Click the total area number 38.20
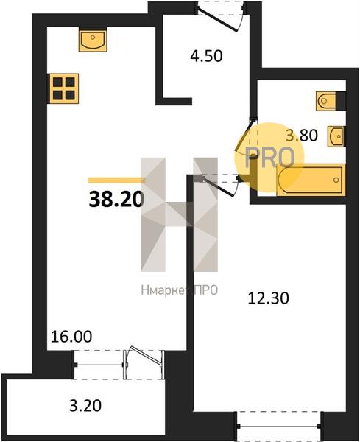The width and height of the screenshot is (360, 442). coord(116,199)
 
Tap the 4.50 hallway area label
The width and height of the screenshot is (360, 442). coord(206,56)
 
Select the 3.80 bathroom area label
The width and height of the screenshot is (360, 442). coord(302,135)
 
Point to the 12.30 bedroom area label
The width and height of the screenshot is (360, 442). coord(269,298)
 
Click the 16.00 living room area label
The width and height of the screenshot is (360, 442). coord(71,337)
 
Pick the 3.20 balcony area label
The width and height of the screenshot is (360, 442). coord(85,406)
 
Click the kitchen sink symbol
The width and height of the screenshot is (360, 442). coord(93,40)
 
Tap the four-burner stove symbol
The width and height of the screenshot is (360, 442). coord(63,88)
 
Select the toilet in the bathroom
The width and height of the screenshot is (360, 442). coord(328,101)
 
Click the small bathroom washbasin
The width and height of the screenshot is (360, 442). coord(336,136)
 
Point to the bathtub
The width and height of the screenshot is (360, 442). coord(311,180)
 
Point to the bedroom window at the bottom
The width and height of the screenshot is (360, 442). coord(279,427)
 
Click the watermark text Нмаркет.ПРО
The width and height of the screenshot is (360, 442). coord(180,290)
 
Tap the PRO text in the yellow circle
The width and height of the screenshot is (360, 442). coord(270,158)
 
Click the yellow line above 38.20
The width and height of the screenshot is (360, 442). coord(116,180)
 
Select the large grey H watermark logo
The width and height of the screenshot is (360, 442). coord(179,214)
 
